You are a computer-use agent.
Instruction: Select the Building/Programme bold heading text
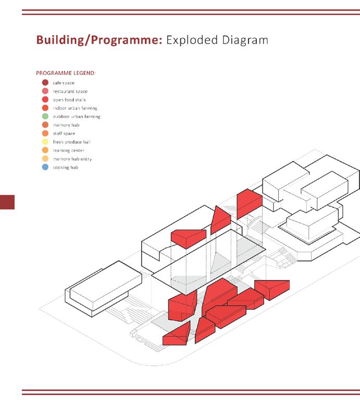(99, 41)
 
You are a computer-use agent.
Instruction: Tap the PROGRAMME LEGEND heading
(66, 73)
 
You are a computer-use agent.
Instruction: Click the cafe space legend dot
(45, 83)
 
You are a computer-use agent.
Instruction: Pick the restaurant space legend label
(70, 91)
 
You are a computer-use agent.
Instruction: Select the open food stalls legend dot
(45, 100)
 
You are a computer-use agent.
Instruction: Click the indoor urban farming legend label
(75, 108)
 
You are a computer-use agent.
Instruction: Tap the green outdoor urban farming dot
(45, 116)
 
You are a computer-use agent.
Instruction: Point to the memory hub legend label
(66, 125)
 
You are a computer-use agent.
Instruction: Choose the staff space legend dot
(45, 133)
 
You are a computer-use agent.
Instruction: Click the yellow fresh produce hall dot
(45, 142)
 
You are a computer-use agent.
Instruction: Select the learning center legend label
(68, 150)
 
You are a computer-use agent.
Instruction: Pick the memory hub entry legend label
(72, 159)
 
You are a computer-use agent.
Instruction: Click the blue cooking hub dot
(45, 167)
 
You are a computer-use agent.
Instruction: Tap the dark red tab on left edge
(7, 202)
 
